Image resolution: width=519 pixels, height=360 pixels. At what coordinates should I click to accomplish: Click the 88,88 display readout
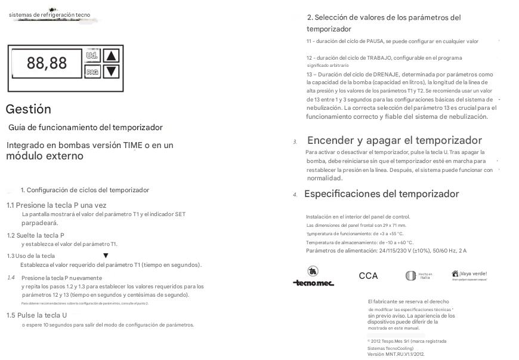coord(47,63)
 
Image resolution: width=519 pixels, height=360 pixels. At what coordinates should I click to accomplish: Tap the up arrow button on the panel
coord(112,56)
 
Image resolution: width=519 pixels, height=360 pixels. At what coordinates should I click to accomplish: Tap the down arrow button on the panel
coord(112,71)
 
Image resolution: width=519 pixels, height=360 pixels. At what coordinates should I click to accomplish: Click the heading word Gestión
coord(28,109)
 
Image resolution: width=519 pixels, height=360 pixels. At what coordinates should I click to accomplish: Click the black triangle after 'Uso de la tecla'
coord(106,256)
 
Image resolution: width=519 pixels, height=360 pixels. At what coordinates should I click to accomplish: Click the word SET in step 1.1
coord(180,214)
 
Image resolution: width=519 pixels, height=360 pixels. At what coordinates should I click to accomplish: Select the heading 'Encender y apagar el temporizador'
coord(394,141)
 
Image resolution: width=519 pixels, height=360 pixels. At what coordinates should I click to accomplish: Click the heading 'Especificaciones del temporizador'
coord(381,194)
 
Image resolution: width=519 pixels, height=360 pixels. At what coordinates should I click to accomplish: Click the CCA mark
coord(368,276)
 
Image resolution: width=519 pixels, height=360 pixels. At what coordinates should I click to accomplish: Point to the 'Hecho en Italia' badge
coord(418,276)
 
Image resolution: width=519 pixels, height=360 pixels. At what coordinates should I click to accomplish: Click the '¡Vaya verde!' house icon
coord(455,273)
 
